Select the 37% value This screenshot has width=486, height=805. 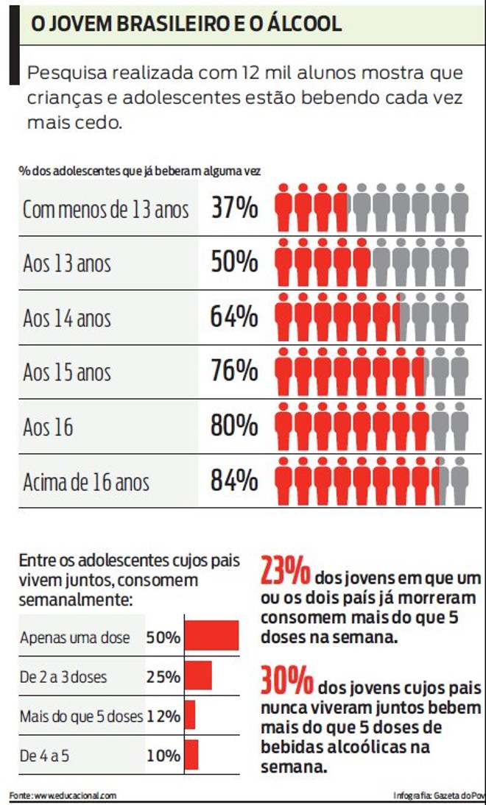coord(234,209)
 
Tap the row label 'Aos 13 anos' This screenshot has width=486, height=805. coord(67,263)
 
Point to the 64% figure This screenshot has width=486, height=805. coord(234,317)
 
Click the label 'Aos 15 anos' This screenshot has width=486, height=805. coord(67,372)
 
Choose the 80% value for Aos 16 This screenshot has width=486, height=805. coord(234,426)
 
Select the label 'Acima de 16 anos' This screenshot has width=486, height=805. coord(86,482)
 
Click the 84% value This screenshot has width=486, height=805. coord(234,481)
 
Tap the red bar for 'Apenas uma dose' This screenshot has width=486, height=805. coord(211,636)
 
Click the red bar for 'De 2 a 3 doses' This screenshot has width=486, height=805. coord(198,675)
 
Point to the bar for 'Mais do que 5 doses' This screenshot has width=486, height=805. coord(190,715)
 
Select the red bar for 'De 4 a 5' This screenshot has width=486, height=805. coord(191,754)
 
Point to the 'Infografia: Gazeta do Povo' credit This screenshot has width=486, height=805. coord(440,795)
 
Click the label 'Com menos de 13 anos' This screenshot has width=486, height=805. coord(105,210)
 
